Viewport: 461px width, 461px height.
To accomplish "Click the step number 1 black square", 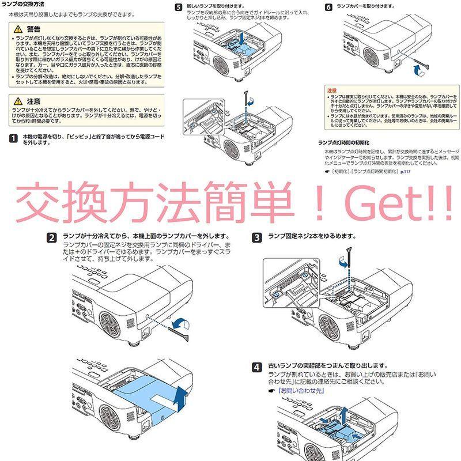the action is (13, 138).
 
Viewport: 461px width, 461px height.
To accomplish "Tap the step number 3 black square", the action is (257, 237).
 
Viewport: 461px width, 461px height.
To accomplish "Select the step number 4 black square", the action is (257, 366).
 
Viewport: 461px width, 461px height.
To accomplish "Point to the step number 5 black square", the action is (178, 7).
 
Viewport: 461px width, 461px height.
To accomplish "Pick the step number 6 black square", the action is (328, 7).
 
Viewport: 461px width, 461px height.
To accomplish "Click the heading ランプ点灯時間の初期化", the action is (343, 141).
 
